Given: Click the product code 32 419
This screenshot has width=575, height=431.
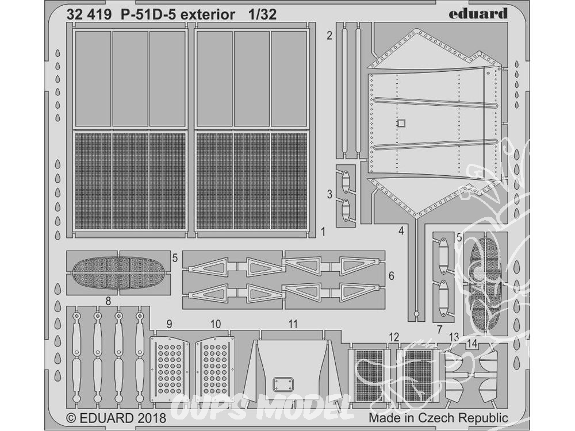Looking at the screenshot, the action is pyautogui.click(x=89, y=15).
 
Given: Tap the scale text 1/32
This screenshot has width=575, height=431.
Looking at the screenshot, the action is pyautogui.click(x=262, y=15).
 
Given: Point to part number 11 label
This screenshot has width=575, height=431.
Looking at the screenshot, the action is pyautogui.click(x=293, y=324).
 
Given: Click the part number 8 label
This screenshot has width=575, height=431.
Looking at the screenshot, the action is pyautogui.click(x=108, y=301).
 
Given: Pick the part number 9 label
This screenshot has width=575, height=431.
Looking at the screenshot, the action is pyautogui.click(x=169, y=324).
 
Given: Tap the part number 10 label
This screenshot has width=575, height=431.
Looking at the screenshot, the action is pyautogui.click(x=216, y=324).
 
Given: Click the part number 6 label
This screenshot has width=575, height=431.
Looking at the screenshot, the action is pyautogui.click(x=391, y=276).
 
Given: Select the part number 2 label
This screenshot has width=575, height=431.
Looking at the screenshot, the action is pyautogui.click(x=329, y=36).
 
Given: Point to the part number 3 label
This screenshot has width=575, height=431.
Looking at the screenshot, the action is pyautogui.click(x=329, y=194).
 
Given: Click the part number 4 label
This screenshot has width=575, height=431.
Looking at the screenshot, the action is pyautogui.click(x=401, y=231).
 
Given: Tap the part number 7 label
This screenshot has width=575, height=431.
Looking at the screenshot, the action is pyautogui.click(x=440, y=329).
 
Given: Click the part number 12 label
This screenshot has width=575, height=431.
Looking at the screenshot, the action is pyautogui.click(x=394, y=337).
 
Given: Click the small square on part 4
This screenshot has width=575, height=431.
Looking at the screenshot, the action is pyautogui.click(x=401, y=124).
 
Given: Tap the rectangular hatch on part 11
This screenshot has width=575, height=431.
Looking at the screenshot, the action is pyautogui.click(x=283, y=384).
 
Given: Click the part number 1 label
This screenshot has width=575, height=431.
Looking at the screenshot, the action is pyautogui.click(x=323, y=232).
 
